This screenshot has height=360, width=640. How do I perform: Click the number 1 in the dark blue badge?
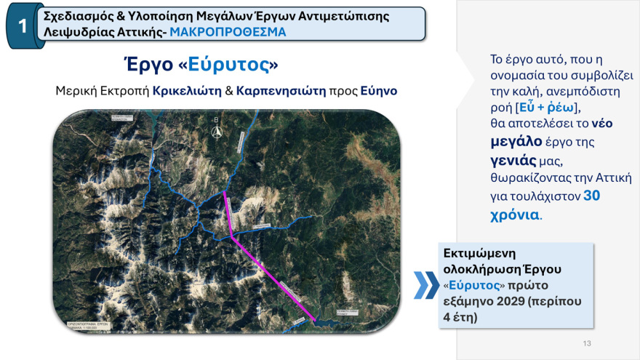pos(23,26)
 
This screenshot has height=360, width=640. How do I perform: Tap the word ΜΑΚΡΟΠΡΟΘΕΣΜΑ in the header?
pos(228,33)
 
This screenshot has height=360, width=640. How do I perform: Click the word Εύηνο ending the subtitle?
pos(379,91)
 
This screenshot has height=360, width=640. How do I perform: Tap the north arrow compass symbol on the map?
pos(215,130)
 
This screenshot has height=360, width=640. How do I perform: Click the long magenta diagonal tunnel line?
pos(273,280)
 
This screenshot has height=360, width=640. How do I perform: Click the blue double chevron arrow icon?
pos(426,285)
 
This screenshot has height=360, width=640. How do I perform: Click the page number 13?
pos(587,343)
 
